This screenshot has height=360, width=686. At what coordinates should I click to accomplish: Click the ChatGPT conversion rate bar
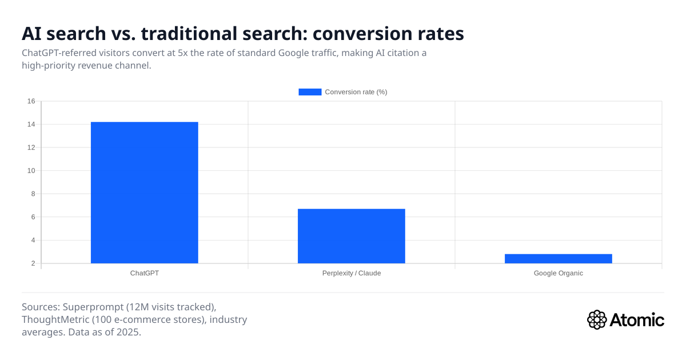144,193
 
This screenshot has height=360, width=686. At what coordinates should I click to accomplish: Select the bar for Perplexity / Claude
351,236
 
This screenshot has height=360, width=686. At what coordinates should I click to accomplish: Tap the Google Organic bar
558,259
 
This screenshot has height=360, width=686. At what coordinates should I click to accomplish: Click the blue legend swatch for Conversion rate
310,92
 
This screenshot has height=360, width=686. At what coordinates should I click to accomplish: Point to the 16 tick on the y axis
31,101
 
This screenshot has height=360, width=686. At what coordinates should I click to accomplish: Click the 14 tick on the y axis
31,125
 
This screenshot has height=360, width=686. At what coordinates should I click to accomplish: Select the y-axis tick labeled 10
31,171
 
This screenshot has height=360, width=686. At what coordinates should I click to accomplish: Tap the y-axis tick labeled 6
33,217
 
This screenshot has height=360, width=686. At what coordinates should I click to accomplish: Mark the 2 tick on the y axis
33,263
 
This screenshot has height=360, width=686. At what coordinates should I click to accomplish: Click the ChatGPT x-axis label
144,273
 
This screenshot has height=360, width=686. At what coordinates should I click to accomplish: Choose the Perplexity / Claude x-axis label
351,273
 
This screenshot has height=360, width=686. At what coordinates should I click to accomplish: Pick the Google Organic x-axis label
558,273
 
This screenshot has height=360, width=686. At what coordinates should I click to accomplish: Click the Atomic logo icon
597,319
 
